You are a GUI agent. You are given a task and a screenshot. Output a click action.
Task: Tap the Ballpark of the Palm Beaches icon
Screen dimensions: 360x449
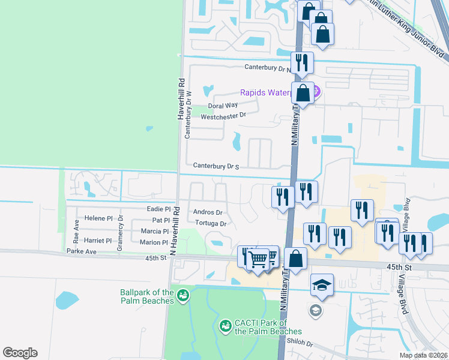click(x=183, y=295)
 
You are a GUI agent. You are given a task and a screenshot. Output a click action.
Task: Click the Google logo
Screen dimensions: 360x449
click(x=20, y=353)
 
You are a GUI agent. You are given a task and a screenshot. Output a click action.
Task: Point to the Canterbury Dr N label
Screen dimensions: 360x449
click(x=267, y=68)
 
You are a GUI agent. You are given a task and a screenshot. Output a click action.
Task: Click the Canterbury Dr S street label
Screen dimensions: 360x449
click(x=216, y=166)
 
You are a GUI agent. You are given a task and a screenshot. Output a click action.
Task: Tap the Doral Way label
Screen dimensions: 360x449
click(x=219, y=106)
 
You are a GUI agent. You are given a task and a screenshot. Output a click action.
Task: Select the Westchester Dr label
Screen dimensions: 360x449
click(x=223, y=116)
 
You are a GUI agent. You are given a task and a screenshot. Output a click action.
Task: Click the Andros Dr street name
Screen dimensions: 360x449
click(x=208, y=212)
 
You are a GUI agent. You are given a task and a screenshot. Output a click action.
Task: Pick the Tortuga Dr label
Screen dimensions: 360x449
click(x=209, y=224)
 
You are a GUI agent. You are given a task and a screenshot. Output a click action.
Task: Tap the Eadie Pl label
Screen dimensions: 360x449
click(x=158, y=209)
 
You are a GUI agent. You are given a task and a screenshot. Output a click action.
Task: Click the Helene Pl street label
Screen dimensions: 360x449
click(x=98, y=218)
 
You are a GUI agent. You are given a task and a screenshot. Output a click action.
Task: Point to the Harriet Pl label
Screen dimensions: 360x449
click(x=98, y=241)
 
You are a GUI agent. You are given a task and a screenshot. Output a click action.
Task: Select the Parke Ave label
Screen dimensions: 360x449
click(x=82, y=251)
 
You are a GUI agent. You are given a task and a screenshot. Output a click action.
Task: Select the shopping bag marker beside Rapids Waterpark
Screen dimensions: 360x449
click(x=303, y=94)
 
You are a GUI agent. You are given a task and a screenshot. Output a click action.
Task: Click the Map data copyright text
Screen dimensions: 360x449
click(x=424, y=355)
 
